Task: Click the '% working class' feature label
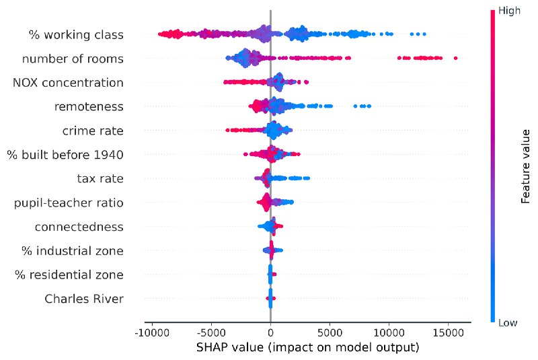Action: pyautogui.click(x=76, y=34)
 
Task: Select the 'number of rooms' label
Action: pyautogui.click(x=73, y=59)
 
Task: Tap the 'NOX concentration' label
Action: pyautogui.click(x=68, y=83)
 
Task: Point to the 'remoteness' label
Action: pyautogui.click(x=89, y=106)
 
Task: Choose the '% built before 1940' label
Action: pyautogui.click(x=65, y=155)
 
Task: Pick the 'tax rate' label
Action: pyautogui.click(x=100, y=178)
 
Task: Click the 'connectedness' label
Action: pyautogui.click(x=79, y=227)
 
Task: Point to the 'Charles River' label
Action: pyautogui.click(x=84, y=299)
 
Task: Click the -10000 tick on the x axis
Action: pyautogui.click(x=151, y=332)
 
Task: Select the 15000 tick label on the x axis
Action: pyautogui.click(x=448, y=332)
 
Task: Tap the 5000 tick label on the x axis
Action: pyautogui.click(x=330, y=332)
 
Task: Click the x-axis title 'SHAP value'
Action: pyautogui.click(x=307, y=348)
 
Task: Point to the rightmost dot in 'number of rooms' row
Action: pyautogui.click(x=455, y=59)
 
